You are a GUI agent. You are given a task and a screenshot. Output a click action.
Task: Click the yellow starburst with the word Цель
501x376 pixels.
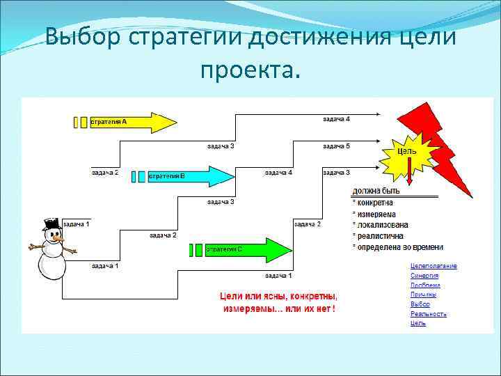408,152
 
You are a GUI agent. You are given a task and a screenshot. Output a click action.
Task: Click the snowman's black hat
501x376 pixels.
52,224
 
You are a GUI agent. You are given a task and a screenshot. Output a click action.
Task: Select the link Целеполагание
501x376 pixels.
434,266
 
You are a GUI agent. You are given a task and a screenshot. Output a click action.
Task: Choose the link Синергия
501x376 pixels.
424,276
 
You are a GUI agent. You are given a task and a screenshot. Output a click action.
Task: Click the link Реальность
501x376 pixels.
428,314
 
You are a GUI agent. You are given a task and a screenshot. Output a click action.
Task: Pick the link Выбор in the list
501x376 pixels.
420,304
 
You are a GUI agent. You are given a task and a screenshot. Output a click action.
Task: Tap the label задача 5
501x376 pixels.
336,146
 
